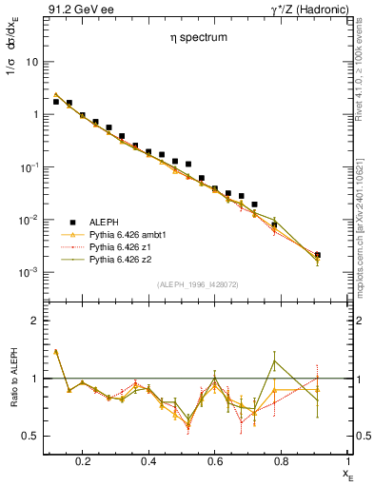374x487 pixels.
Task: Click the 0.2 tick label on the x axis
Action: [x=82, y=461]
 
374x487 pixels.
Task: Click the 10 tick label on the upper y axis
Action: [x=31, y=62]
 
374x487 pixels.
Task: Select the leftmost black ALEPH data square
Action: [x=56, y=101]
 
